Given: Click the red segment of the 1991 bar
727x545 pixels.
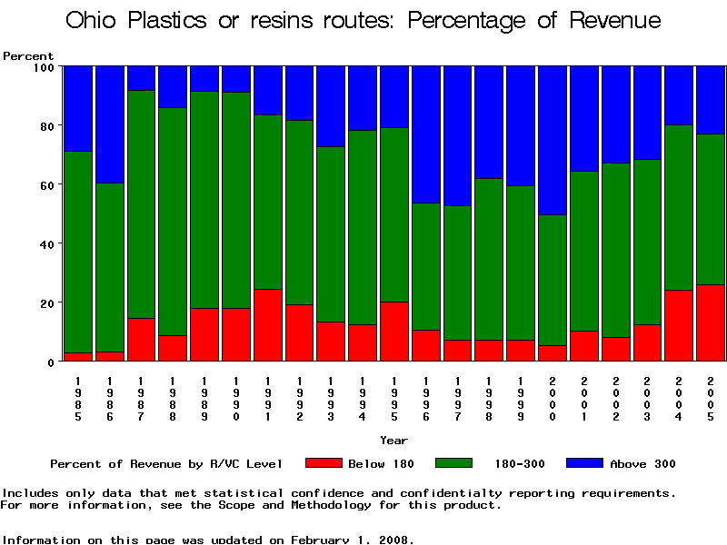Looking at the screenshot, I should pos(268,325).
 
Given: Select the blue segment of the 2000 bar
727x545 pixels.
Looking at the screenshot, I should pos(553,140).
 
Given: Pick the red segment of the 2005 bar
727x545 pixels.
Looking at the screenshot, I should pos(712,322).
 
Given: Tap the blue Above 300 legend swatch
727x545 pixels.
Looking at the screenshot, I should pos(584,463).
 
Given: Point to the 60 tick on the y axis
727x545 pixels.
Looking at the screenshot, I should pos(59,184).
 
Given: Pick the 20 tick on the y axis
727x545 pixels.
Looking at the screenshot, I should pos(59,302).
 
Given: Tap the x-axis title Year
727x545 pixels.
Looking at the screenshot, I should pos(394,441).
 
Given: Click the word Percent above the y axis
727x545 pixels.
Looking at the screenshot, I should pos(28,55).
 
